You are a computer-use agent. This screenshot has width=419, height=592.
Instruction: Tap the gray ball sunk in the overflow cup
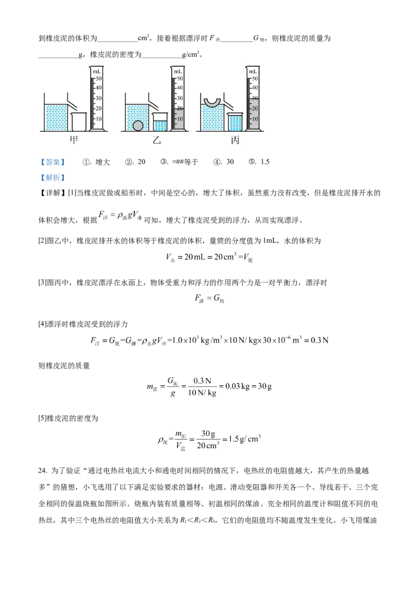point(138,126)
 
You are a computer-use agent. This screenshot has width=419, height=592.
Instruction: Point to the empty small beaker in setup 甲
point(78,122)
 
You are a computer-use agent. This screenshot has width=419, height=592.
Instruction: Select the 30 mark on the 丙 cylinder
point(255,98)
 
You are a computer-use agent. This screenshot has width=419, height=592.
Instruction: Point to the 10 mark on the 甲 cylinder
point(98,119)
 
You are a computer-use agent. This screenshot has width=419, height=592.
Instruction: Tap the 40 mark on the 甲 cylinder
point(98,88)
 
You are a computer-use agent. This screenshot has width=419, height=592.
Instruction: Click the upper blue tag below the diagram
point(52,162)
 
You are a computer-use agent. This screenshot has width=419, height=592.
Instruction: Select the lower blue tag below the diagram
point(52,178)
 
